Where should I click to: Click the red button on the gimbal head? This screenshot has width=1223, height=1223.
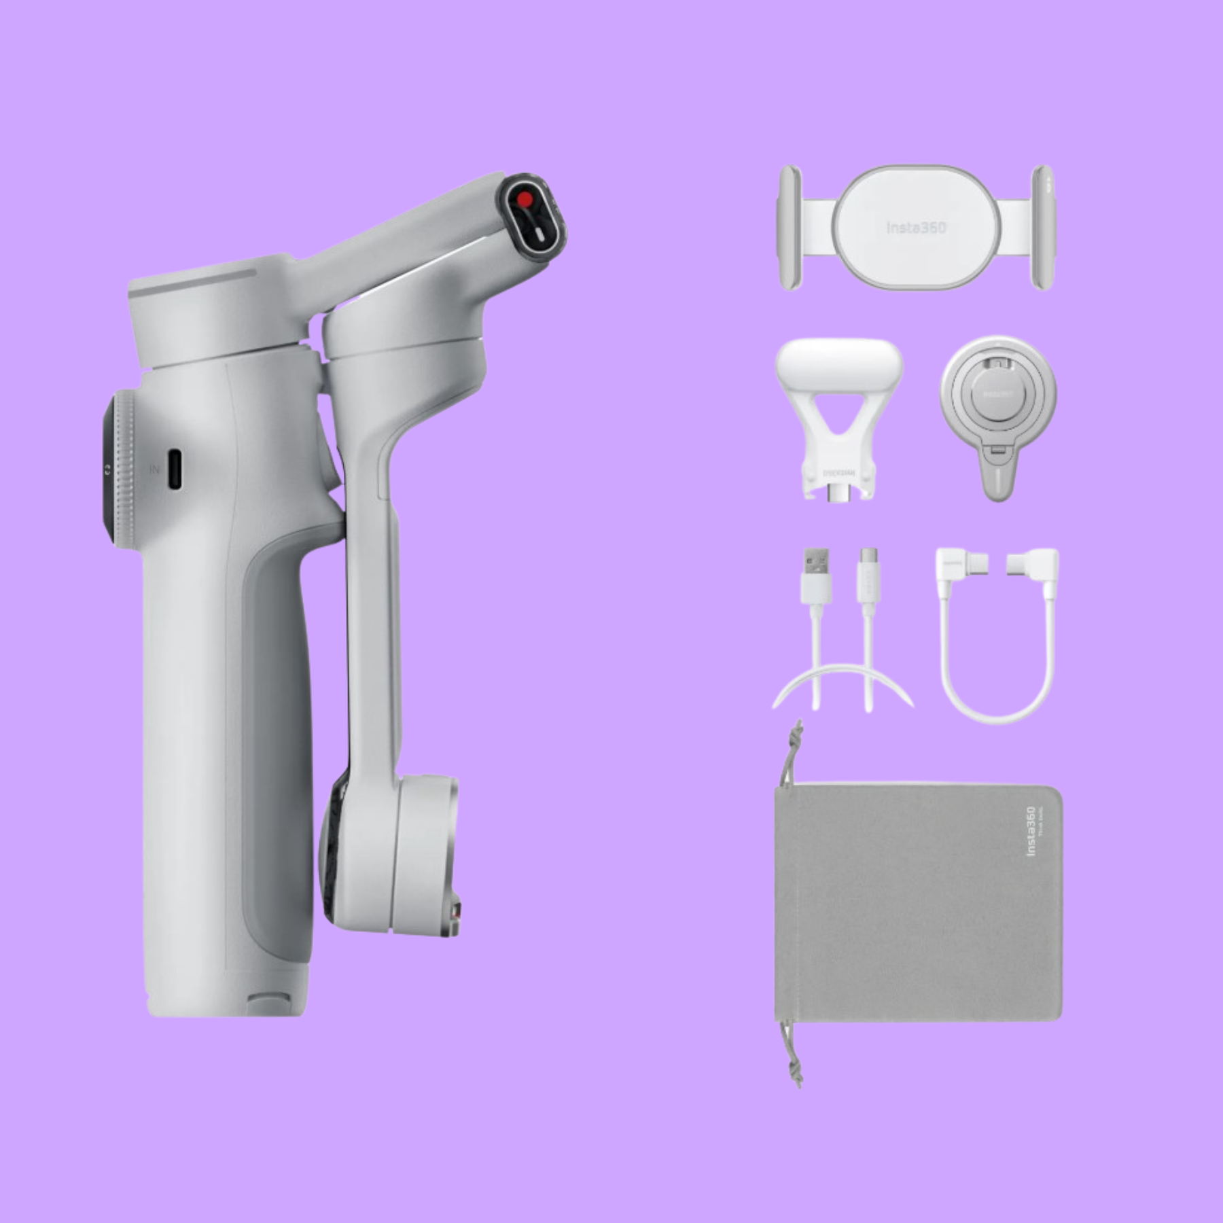tap(525, 199)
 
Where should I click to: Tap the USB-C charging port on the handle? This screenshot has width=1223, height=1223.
tap(175, 469)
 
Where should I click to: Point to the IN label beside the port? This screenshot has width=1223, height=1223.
tap(155, 469)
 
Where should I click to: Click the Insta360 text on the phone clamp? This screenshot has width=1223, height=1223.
tap(916, 228)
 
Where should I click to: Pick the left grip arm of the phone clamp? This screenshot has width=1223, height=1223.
tap(790, 228)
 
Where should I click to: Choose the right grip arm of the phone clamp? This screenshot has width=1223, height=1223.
tap(1043, 228)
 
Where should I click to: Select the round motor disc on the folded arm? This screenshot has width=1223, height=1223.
tap(425, 853)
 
